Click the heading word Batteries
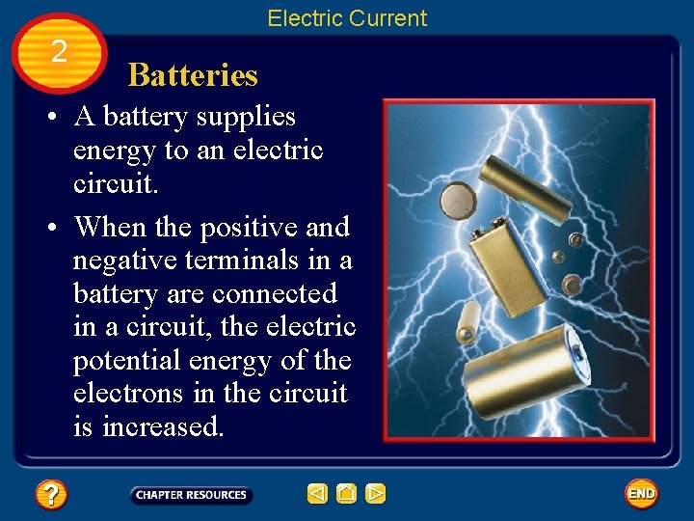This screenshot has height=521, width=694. point(193,75)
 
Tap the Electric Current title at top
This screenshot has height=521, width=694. point(347,18)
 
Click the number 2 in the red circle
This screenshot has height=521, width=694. point(59,52)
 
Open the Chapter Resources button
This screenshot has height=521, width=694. point(191,495)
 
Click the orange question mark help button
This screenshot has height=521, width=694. point(51,495)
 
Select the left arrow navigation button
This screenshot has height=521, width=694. point(317,495)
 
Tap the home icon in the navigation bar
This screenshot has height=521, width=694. point(347,495)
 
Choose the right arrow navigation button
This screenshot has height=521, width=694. point(376,495)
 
